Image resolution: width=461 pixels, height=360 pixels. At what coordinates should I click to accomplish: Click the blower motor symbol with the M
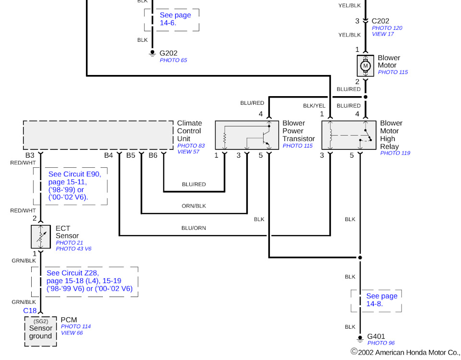365,66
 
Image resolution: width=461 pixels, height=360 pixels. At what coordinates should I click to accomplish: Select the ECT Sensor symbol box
40,236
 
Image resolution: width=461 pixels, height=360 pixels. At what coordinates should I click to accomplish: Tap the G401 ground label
376,336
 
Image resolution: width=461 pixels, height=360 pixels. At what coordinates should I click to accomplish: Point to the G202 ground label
169,53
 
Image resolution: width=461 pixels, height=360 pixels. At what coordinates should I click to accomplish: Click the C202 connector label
380,21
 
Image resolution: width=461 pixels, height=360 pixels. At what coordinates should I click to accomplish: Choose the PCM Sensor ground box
40,332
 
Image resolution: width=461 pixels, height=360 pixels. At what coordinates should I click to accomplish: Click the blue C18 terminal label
30,310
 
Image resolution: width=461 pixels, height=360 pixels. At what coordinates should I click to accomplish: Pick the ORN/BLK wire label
194,206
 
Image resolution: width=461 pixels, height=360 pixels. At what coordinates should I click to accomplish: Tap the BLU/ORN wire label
194,228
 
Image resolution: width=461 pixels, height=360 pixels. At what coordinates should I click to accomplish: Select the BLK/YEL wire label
314,106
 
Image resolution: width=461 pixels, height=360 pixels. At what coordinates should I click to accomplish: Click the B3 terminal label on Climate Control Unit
30,155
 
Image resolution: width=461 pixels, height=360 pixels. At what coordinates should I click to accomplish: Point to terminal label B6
153,155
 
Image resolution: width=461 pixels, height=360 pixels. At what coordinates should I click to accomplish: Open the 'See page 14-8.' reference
382,299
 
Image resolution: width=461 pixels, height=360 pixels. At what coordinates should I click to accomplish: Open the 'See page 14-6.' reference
175,19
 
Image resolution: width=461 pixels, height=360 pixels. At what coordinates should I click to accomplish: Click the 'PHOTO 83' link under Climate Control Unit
191,146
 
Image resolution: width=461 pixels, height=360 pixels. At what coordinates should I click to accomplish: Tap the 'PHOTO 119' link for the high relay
395,153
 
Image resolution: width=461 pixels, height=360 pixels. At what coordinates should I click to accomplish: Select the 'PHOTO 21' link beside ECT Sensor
69,243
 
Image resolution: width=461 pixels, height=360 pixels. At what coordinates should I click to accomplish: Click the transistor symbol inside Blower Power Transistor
265,138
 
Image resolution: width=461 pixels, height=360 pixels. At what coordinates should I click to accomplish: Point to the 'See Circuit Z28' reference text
89,281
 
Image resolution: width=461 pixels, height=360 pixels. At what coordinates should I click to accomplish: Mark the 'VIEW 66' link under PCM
72,333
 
